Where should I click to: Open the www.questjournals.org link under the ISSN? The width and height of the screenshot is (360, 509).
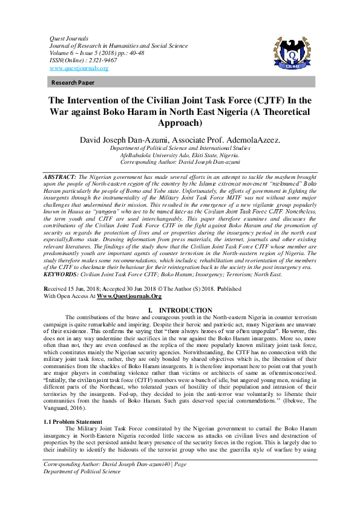(x=79, y=68)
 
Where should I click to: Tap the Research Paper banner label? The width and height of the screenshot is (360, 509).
(x=73, y=82)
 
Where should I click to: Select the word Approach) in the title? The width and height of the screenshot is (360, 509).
(x=180, y=122)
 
